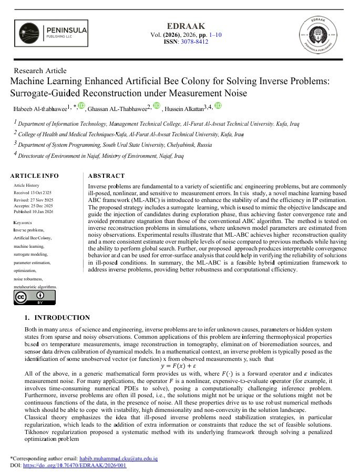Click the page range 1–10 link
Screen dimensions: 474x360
point(215,34)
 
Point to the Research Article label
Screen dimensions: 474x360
point(40,70)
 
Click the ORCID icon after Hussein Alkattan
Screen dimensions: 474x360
point(218,106)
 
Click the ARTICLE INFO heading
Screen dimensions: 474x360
point(35,176)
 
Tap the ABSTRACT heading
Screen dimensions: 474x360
point(106,176)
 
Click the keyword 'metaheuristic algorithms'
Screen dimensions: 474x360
point(35,287)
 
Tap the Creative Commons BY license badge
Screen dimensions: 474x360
point(28,298)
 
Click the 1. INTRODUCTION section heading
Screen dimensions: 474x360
point(57,318)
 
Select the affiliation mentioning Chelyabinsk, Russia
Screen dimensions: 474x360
point(112,144)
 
